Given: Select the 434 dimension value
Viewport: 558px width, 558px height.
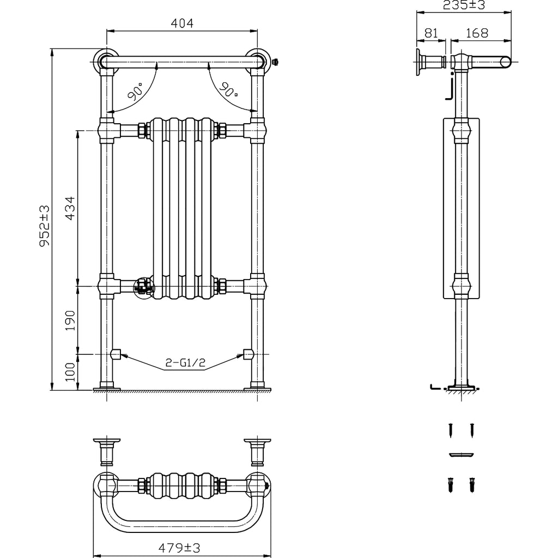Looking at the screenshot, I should coord(70,208).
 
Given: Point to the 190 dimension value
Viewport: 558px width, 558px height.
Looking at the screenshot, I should coord(70,320).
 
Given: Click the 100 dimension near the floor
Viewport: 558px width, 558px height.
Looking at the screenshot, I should coord(70,373).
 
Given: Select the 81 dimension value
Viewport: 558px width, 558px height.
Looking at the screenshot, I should coord(430,33).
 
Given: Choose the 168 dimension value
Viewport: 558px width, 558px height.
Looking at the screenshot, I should coord(477,33).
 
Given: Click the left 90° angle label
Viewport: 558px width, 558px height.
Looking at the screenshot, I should coord(135,91).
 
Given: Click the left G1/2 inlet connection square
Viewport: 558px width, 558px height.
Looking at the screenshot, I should coord(116,354).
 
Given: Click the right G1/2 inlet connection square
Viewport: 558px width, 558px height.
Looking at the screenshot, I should coord(248,354).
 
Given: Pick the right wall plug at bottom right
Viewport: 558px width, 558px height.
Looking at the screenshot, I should coord(470,484).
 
